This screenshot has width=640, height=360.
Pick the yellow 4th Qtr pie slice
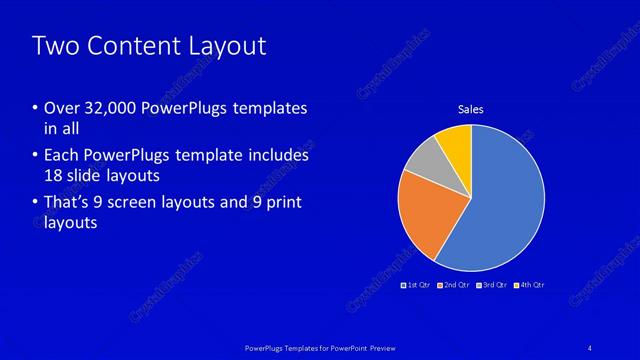point(455,143)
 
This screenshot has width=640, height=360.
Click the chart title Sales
point(471,109)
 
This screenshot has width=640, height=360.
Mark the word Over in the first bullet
point(61,108)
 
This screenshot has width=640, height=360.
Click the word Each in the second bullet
point(62,156)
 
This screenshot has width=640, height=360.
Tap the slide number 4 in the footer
point(590,346)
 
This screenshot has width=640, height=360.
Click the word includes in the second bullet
point(277,156)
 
